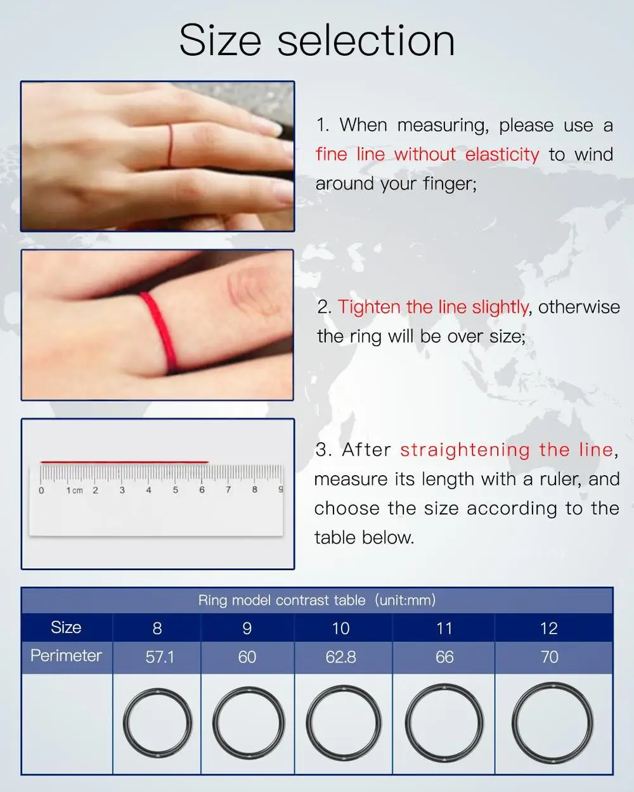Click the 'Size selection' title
317,41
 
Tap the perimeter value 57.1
159,657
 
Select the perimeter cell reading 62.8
340,657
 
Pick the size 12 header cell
548,629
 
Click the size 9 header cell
247,629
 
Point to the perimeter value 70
549,657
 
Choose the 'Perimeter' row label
66,655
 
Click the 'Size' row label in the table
66,627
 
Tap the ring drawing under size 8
157,723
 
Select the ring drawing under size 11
444,723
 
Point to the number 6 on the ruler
202,490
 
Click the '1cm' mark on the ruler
74,490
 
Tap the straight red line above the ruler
124,462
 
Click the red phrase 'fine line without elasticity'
427,155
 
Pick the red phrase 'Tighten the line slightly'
433,307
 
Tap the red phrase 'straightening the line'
507,450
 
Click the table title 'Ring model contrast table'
282,600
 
